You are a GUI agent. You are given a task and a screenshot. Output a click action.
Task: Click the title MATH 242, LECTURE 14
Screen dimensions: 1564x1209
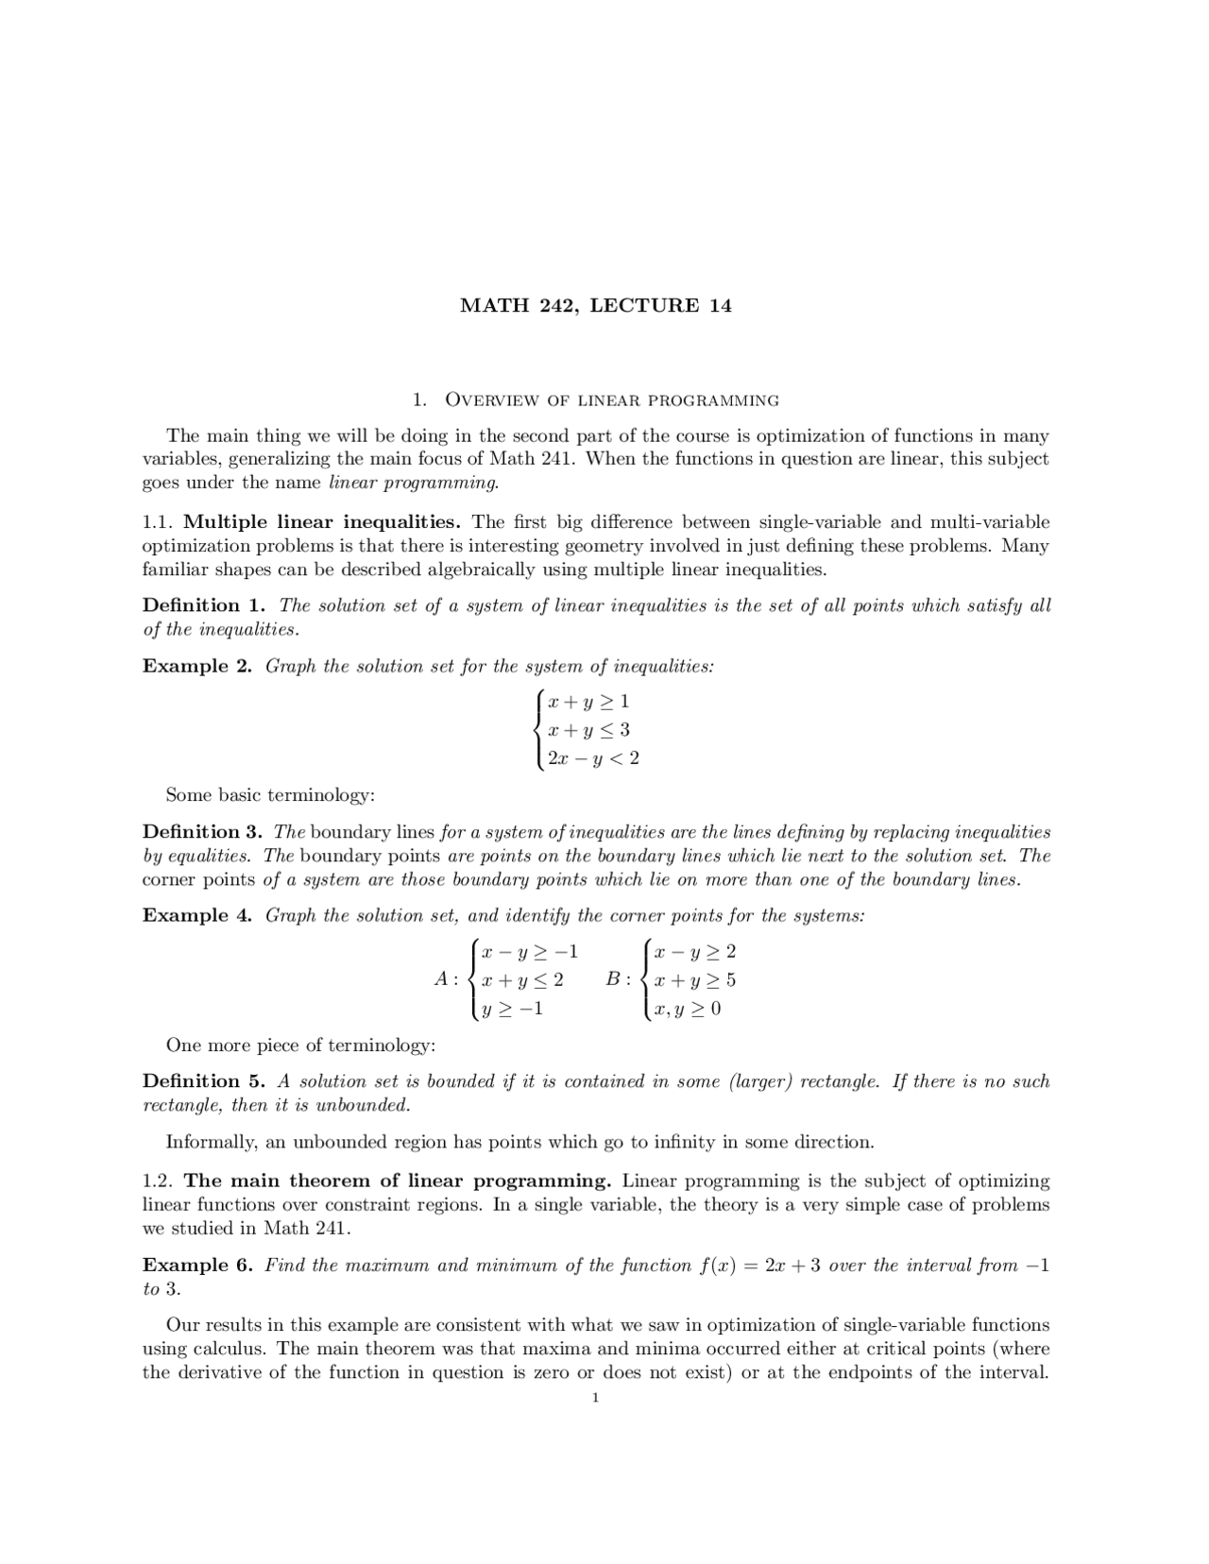coord(595,306)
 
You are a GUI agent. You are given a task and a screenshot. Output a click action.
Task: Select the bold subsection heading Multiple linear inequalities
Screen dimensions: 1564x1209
coord(321,522)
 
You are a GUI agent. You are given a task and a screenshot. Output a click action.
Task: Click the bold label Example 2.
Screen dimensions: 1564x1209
coord(196,667)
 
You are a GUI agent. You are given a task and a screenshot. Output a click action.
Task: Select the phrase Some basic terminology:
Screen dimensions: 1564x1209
coord(270,795)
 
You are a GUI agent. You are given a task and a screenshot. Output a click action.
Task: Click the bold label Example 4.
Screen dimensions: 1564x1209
coord(196,916)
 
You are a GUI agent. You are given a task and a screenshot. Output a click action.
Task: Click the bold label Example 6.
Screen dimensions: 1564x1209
coord(196,1266)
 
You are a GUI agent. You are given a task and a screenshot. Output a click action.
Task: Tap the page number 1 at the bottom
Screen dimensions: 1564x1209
coord(595,1398)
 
